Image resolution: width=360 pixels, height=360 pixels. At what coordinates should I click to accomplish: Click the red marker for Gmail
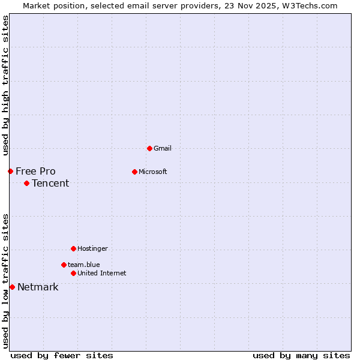click(x=149, y=148)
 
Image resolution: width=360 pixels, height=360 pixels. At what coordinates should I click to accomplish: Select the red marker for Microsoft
click(x=134, y=172)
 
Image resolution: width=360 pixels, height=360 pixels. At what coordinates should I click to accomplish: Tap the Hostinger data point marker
click(x=73, y=248)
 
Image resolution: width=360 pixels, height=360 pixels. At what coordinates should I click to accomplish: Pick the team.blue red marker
click(x=64, y=265)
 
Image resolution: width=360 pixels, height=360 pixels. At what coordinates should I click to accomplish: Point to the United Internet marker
click(x=73, y=273)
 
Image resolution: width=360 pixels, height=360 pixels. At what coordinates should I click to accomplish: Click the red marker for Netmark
click(x=12, y=287)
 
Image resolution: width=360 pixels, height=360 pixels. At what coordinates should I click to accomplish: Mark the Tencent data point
click(x=26, y=183)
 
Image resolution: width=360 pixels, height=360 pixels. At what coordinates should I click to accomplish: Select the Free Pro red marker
click(x=10, y=171)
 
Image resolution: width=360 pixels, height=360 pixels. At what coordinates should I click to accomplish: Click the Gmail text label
click(x=163, y=148)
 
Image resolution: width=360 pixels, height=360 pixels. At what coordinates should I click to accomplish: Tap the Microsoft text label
click(x=153, y=172)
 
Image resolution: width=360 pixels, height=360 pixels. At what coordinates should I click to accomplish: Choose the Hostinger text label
click(x=92, y=248)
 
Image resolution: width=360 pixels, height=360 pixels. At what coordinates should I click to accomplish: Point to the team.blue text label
click(x=83, y=265)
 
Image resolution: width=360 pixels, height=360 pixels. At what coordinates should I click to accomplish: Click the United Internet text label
click(x=101, y=273)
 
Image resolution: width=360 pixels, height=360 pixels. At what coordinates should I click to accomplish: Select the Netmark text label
click(x=38, y=287)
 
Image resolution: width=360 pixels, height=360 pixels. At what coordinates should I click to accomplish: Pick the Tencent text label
click(x=50, y=183)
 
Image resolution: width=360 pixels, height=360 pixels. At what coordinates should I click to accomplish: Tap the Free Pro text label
click(x=35, y=171)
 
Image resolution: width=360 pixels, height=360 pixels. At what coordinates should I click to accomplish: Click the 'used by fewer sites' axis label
click(x=62, y=355)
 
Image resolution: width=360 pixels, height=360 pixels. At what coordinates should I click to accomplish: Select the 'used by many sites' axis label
click(x=301, y=355)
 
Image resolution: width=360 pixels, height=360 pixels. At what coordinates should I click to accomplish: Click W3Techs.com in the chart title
click(x=309, y=5)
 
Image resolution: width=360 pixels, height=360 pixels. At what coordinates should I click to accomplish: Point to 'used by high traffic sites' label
click(x=5, y=85)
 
